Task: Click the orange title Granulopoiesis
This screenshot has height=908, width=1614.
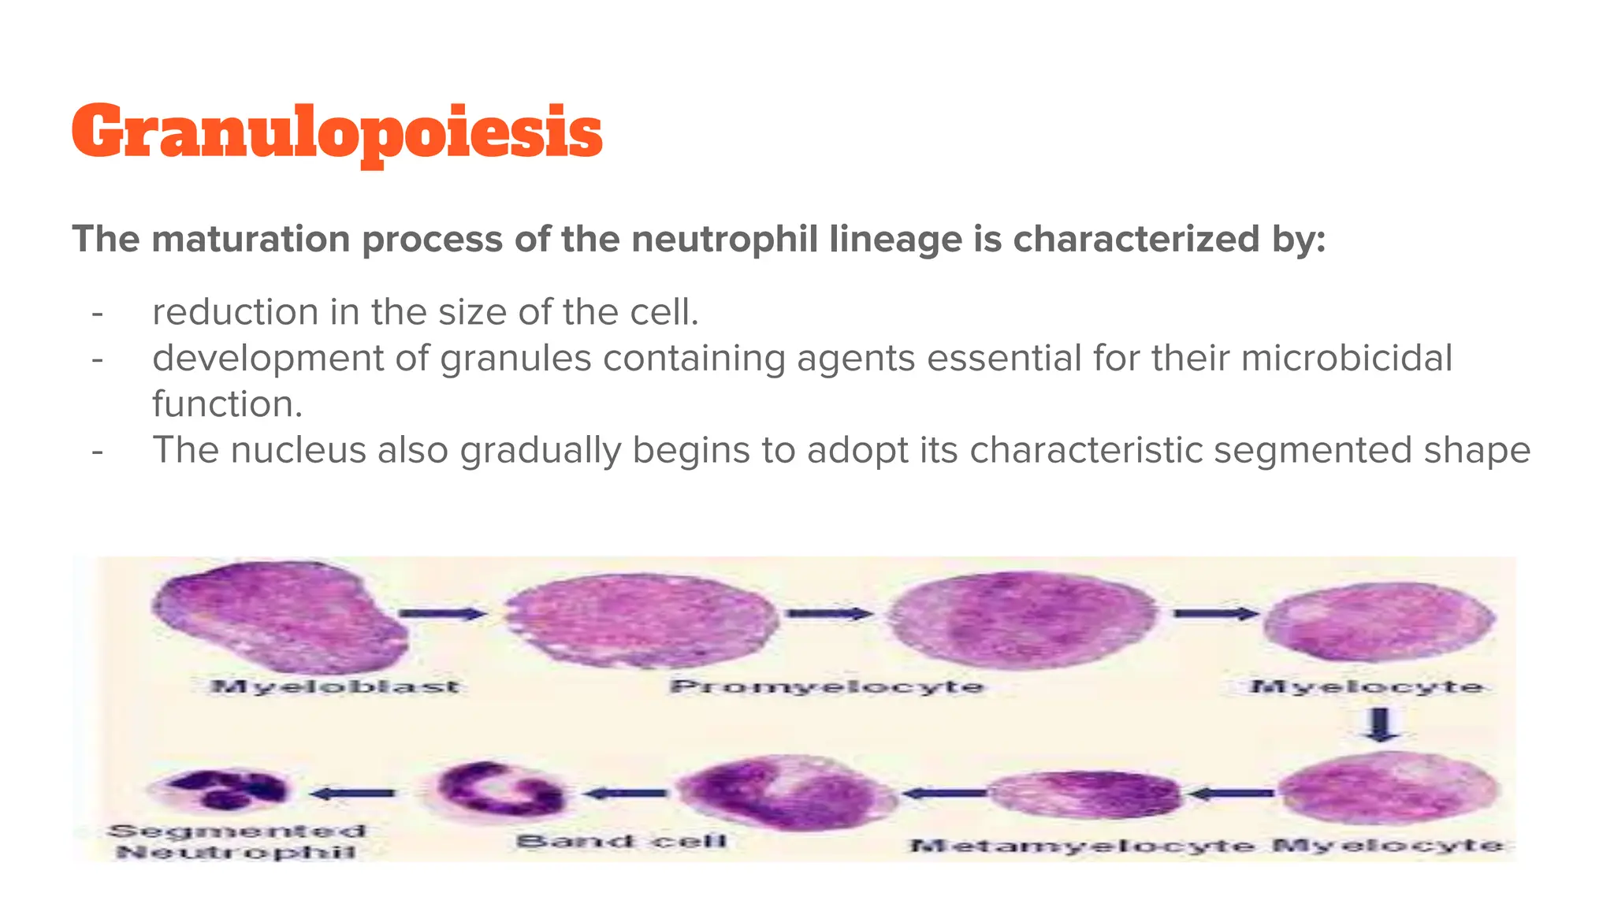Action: [337, 132]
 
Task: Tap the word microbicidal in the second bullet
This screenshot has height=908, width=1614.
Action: [1346, 358]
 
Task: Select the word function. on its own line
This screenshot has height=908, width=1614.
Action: [227, 404]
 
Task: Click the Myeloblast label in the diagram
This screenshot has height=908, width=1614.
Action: [334, 687]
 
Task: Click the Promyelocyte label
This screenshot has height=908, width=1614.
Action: [827, 687]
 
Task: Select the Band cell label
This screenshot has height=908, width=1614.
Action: [621, 841]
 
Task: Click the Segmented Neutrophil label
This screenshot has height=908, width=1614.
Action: [236, 841]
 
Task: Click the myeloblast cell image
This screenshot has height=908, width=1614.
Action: [280, 616]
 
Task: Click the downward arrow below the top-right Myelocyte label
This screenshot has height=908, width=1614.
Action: [1380, 724]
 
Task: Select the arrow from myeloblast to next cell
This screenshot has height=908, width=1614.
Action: [443, 614]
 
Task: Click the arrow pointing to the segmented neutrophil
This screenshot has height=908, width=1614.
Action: [353, 793]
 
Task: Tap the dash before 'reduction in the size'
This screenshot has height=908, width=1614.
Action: [98, 313]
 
